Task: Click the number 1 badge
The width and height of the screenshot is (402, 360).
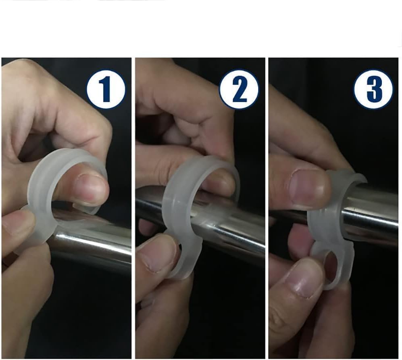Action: point(106,90)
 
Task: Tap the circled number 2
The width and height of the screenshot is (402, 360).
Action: point(238,90)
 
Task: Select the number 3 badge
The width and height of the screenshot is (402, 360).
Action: point(373,90)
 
